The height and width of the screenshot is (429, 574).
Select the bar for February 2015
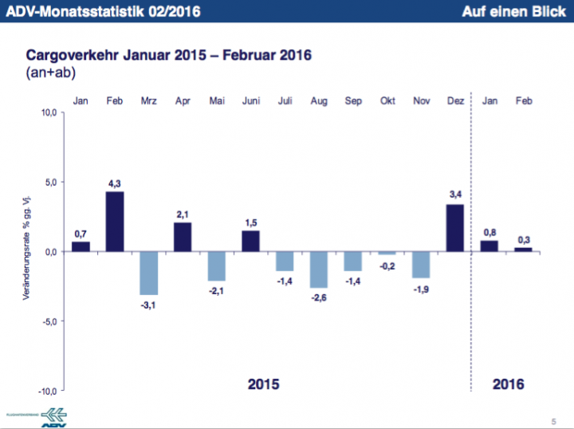pos(115,221)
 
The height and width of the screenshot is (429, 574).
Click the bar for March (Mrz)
pos(149,273)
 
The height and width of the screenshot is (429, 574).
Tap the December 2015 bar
pos(455,227)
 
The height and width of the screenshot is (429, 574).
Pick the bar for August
pos(319,269)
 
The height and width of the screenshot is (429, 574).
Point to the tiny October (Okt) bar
pos(387,253)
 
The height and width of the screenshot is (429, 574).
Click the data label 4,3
pos(115,183)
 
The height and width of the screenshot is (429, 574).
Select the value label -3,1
pos(149,305)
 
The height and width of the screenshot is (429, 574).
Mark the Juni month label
pos(251,100)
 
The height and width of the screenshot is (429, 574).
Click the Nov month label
pos(422,100)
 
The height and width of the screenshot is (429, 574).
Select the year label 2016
pos(509,384)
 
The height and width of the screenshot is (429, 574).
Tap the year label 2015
pos(264,384)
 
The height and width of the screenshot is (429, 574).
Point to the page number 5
pos(553,420)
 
